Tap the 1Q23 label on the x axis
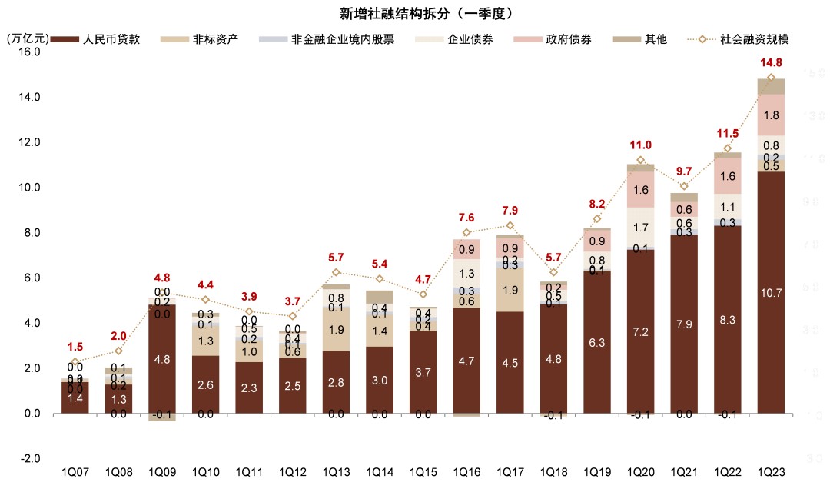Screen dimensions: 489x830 [x=771, y=471]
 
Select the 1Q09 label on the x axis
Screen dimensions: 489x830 [x=162, y=471]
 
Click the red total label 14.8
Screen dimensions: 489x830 [x=771, y=63]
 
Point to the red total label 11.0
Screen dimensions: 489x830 [x=640, y=145]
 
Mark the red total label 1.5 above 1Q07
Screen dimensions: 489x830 [x=75, y=348]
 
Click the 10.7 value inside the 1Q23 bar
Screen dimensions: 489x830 [x=771, y=292]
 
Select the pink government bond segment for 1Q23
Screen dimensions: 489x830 [x=771, y=115]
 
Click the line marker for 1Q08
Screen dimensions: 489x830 [x=118, y=351]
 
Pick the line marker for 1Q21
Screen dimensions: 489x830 [x=684, y=186]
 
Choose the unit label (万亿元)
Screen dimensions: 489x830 [x=28, y=38]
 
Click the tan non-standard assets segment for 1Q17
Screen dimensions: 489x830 [x=510, y=290]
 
